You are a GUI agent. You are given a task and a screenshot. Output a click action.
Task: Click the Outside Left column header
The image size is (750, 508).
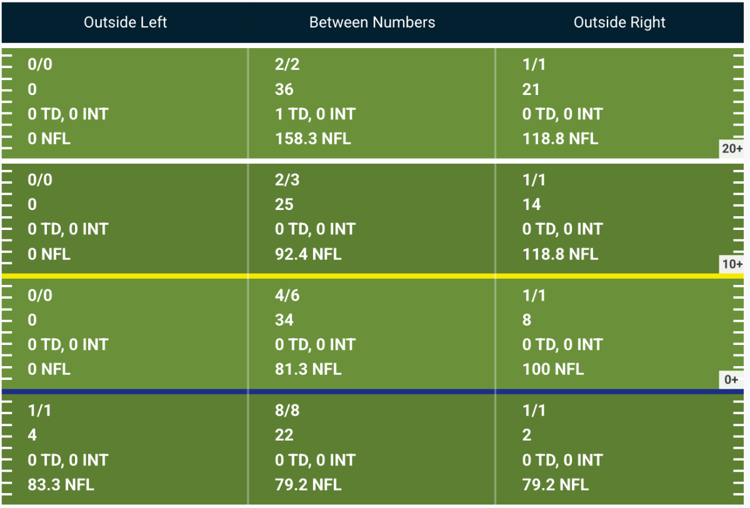click(125, 22)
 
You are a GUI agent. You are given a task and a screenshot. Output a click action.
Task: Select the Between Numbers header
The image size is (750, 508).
click(372, 22)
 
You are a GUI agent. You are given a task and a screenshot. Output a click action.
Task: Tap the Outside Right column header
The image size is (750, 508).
click(619, 22)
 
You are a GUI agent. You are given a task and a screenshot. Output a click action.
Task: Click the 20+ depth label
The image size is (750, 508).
click(732, 149)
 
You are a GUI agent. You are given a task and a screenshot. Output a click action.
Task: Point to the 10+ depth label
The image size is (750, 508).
click(732, 264)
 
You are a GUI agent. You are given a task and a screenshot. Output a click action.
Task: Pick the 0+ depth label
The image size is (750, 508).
click(731, 379)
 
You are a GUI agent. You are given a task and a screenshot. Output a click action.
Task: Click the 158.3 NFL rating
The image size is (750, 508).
click(312, 139)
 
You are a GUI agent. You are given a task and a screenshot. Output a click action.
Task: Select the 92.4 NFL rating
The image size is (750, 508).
click(308, 254)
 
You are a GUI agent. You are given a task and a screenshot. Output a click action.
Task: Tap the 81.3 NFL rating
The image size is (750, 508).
click(308, 369)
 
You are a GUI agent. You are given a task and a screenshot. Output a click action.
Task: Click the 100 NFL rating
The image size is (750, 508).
click(552, 369)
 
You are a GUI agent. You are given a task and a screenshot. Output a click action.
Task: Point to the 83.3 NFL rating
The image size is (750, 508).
click(61, 485)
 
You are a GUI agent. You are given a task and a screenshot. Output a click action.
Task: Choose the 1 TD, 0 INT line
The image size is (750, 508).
click(315, 114)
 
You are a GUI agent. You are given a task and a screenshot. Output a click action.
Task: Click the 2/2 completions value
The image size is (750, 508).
click(287, 64)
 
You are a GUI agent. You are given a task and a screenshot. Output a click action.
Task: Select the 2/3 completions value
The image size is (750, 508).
click(287, 180)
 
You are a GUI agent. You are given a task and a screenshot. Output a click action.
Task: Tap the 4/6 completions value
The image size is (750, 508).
click(287, 295)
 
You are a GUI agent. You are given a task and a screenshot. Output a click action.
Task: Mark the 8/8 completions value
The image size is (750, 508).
click(287, 411)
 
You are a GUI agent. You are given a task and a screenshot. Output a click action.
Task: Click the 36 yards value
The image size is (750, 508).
click(284, 89)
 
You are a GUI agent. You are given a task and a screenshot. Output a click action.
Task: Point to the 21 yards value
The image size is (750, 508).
click(531, 89)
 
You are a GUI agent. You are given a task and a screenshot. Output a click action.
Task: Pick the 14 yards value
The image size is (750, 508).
click(531, 204)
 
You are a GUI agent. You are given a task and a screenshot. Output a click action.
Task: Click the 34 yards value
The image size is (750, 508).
click(284, 319)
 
